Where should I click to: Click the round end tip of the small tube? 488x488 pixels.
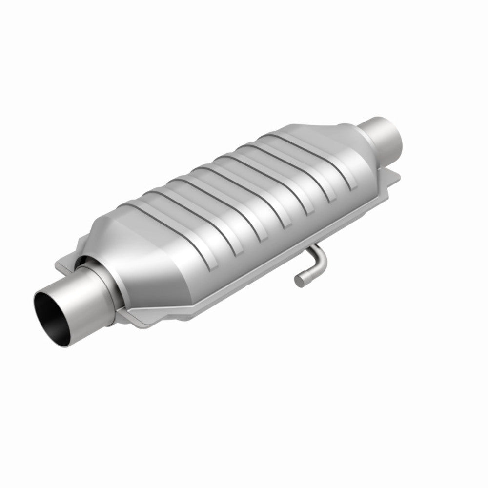tap(299, 280)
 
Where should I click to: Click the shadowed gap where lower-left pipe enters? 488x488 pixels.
tap(88, 264)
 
